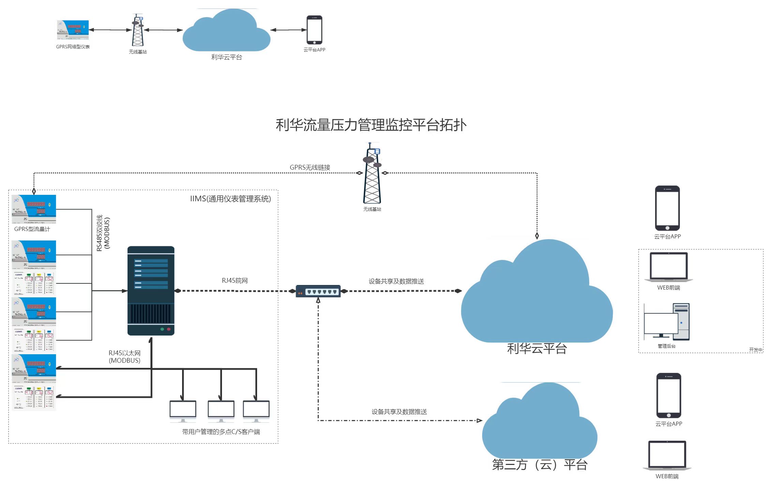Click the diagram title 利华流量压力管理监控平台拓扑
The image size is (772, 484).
click(371, 125)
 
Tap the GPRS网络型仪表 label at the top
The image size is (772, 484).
click(73, 47)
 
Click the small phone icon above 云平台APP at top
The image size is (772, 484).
click(314, 30)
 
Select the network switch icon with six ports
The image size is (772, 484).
click(318, 291)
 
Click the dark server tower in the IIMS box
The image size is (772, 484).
click(151, 291)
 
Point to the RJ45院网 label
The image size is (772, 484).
click(235, 281)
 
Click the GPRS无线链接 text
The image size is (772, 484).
click(310, 167)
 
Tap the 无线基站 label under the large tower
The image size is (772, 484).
click(372, 209)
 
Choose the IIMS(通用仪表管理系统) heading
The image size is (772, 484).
click(231, 199)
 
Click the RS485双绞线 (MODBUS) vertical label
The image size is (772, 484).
click(103, 233)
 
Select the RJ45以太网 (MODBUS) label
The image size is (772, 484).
click(124, 357)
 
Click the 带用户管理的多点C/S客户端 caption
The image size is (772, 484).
click(221, 432)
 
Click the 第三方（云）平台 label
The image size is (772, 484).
click(539, 465)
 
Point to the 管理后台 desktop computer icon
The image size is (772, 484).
click(666, 322)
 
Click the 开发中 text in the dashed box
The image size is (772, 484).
click(755, 350)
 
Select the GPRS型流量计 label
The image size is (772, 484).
click(32, 229)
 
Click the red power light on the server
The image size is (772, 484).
click(168, 329)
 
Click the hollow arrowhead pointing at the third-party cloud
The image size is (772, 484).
click(479, 421)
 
